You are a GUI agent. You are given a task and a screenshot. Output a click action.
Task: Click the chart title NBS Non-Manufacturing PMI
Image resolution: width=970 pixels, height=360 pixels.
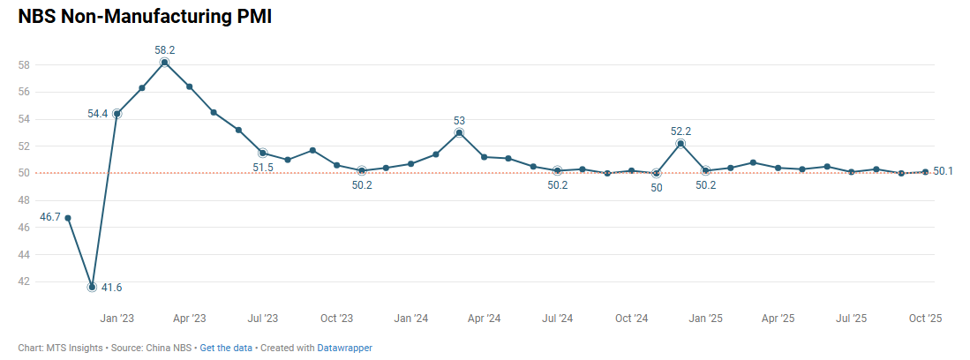(x=145, y=17)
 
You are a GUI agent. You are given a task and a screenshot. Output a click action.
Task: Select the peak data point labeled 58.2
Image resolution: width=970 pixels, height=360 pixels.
(x=165, y=63)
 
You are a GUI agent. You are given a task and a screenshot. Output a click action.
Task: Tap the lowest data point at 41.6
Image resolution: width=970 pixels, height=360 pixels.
(x=92, y=287)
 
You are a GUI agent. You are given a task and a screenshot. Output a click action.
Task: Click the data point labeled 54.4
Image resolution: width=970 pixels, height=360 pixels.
(x=117, y=114)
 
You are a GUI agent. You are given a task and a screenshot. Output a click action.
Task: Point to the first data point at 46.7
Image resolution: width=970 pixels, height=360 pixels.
(x=68, y=218)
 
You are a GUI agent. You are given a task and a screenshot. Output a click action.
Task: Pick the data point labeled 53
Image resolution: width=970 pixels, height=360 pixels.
(x=459, y=132)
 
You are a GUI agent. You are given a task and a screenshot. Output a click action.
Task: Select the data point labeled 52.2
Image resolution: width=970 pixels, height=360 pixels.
(x=681, y=143)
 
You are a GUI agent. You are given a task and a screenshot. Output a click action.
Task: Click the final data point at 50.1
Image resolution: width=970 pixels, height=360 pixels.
(x=925, y=171)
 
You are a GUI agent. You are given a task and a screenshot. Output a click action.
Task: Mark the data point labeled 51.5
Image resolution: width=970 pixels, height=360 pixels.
(x=263, y=153)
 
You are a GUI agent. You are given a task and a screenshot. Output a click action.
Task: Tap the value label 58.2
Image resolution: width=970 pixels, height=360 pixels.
(x=165, y=50)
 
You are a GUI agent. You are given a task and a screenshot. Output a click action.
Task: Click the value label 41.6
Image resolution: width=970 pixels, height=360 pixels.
(x=111, y=288)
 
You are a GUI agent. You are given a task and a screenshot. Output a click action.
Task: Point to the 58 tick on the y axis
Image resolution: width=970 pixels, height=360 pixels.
(x=25, y=64)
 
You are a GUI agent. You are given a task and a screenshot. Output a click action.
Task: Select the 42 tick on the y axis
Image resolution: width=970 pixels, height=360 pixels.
(x=25, y=281)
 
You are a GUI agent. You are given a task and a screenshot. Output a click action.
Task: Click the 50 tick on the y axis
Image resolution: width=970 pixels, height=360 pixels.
(x=25, y=173)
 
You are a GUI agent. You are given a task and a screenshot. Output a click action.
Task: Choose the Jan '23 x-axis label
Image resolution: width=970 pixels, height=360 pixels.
(x=117, y=318)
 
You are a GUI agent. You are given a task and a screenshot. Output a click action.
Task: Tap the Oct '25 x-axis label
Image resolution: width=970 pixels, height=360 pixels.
(x=925, y=318)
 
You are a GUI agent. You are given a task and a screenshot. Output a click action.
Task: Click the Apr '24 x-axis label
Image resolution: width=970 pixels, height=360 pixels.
(x=484, y=318)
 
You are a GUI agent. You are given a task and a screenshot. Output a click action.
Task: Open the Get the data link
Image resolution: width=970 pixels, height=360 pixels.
(x=226, y=348)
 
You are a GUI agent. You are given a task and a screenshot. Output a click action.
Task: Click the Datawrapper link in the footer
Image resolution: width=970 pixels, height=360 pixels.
(x=345, y=348)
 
